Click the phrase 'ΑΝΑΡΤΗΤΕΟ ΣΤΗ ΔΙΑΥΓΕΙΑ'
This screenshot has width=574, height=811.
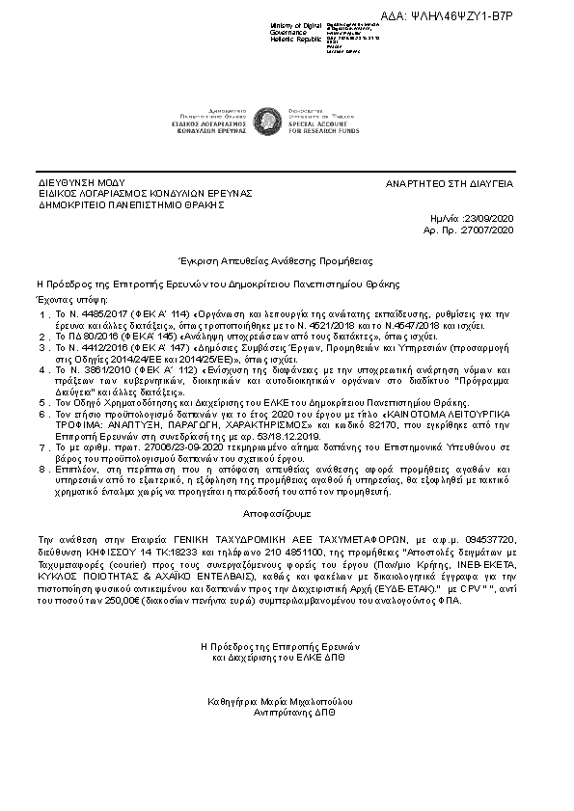coord(450,182)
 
